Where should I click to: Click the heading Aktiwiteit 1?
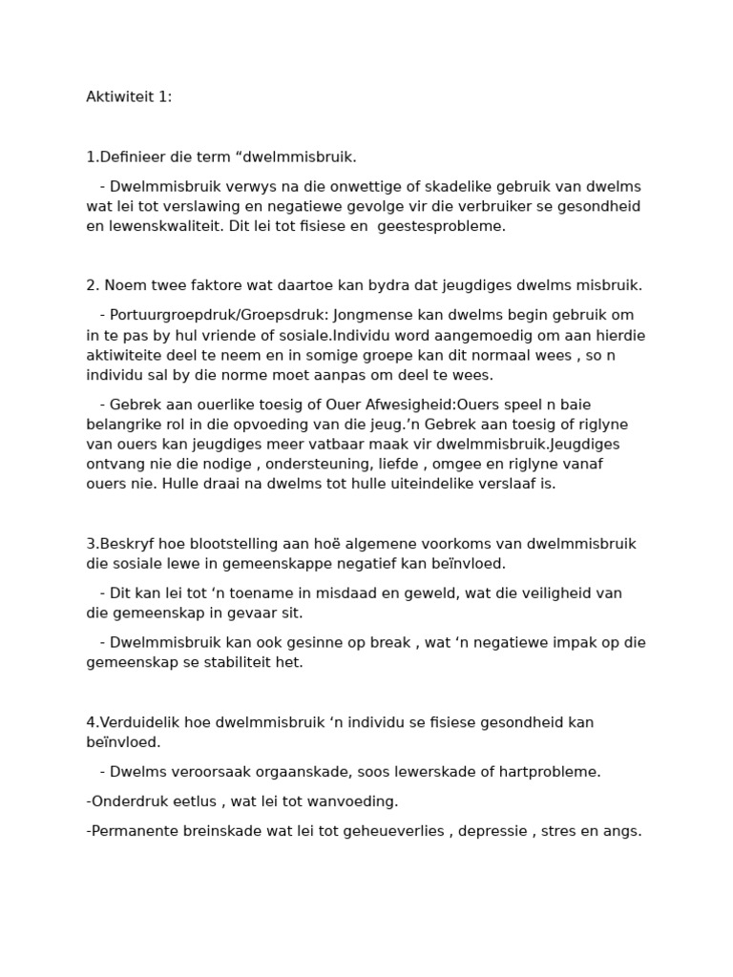click(129, 97)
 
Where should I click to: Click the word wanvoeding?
click(353, 801)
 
